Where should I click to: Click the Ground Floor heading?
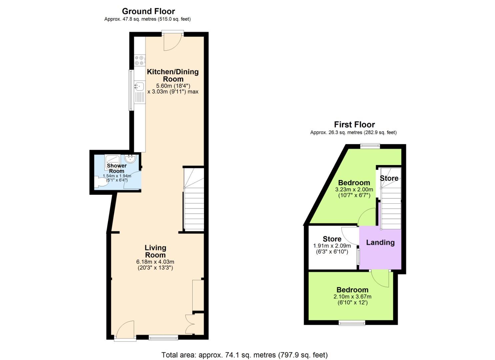coord(148,11)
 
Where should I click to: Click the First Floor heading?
coord(354,125)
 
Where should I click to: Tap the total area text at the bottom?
coord(244,355)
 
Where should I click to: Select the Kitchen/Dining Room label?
coord(173,75)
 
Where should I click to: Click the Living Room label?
coord(155,251)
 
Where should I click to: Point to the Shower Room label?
coord(116,168)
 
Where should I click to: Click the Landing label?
coord(380,243)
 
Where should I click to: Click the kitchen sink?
coord(139,86)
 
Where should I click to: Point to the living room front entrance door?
coord(125,330)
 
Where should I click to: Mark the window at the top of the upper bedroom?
coord(370,146)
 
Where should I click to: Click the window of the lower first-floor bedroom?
coord(352,323)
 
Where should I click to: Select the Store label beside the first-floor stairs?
coord(389,178)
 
